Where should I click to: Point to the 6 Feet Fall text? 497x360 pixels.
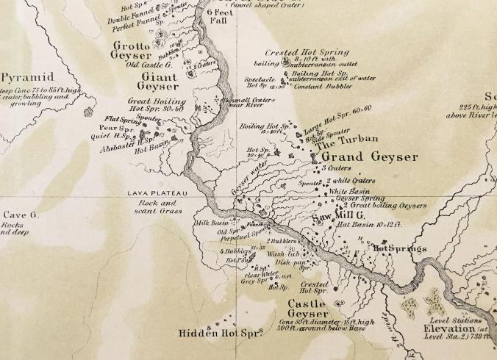pos(218,17)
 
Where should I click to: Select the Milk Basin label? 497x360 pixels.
pos(210,223)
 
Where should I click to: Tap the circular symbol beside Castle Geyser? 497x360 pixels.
pos(339,303)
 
